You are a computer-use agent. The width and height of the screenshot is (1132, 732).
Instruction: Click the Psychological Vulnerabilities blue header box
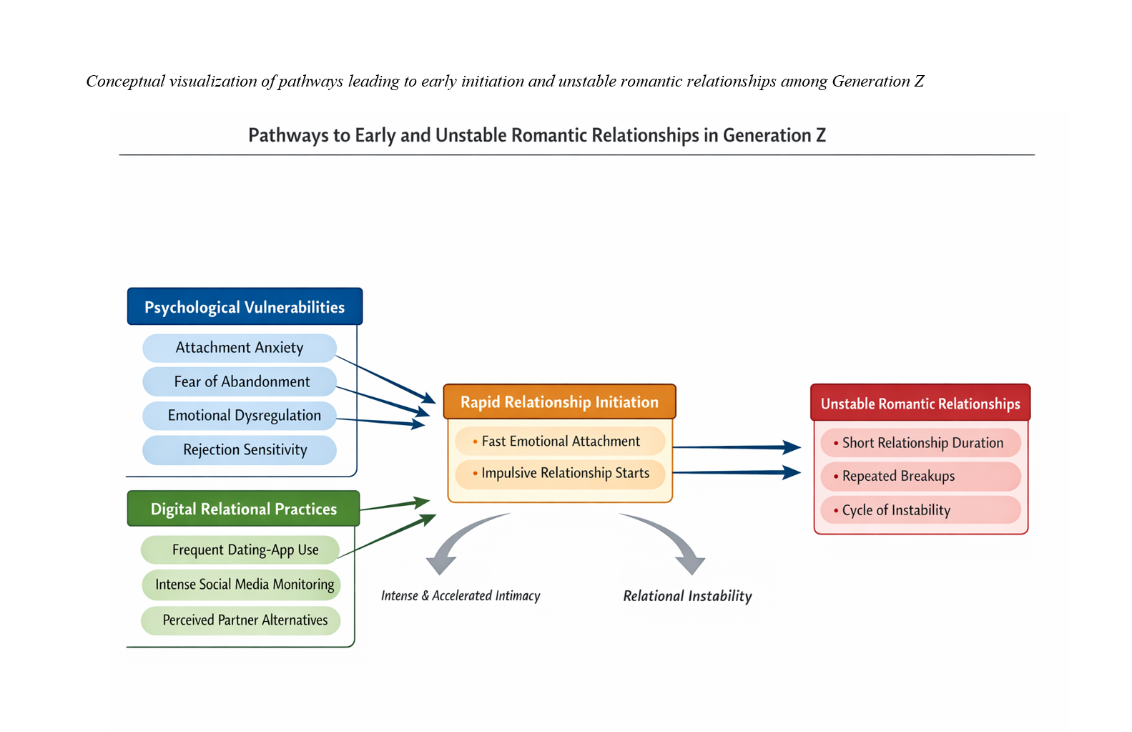(245, 307)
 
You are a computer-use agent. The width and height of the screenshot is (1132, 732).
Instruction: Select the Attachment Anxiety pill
(240, 348)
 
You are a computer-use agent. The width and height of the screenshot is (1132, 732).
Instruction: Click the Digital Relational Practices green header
(243, 509)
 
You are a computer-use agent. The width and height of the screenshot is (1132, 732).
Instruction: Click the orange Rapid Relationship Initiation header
(559, 402)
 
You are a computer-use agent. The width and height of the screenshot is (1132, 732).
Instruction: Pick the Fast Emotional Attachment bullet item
(560, 441)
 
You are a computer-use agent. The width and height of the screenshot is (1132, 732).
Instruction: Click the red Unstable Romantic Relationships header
(920, 404)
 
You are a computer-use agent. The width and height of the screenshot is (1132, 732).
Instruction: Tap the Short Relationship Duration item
(921, 443)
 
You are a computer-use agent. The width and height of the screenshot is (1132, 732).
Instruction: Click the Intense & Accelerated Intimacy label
(461, 596)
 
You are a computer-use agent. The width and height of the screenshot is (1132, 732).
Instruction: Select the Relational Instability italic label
(687, 596)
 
